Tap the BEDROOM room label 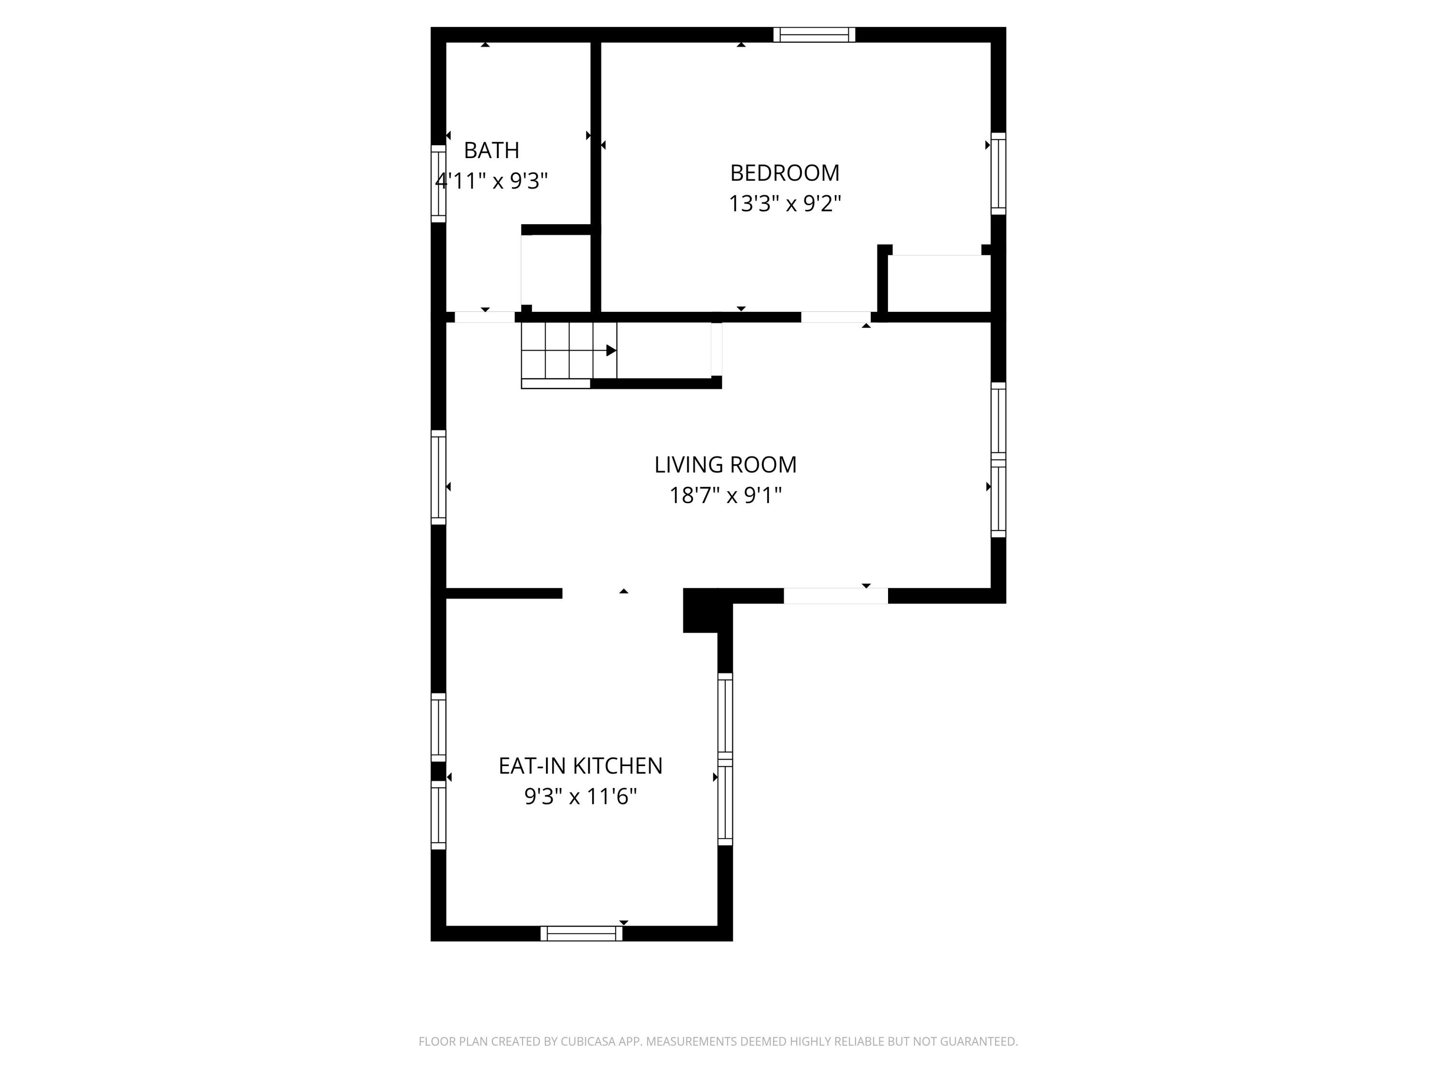coord(785,173)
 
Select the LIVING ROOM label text coord(725,465)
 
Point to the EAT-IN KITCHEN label coord(580,766)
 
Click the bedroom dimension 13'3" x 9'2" coord(785,204)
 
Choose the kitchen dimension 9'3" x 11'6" coord(580,796)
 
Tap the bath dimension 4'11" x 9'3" coord(491,181)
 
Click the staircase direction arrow coord(610,351)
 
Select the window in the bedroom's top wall coord(814,34)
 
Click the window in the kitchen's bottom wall coord(582,933)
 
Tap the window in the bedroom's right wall coord(999,173)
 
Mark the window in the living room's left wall coord(438,477)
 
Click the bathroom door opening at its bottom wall coord(485,317)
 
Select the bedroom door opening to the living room coord(835,317)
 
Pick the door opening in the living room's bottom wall coord(835,595)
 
